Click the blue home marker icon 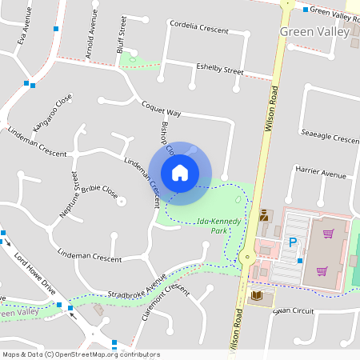pos(180,172)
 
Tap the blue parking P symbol pos(293,242)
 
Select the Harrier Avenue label pos(321,174)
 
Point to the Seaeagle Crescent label pos(330,137)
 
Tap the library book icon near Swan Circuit pos(257,297)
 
